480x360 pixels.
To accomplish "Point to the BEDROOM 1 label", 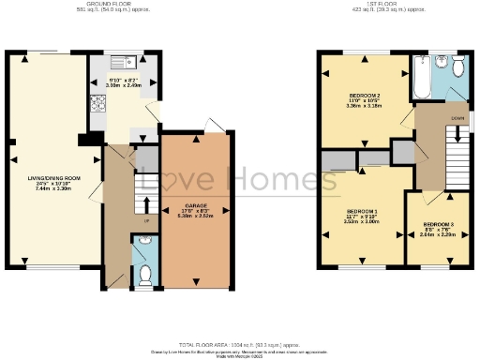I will coord(362,212).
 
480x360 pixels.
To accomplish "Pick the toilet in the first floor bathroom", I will coord(458,69).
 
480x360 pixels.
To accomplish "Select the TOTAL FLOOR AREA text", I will coord(240,346).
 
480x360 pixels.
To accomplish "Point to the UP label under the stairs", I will coord(146,221).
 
